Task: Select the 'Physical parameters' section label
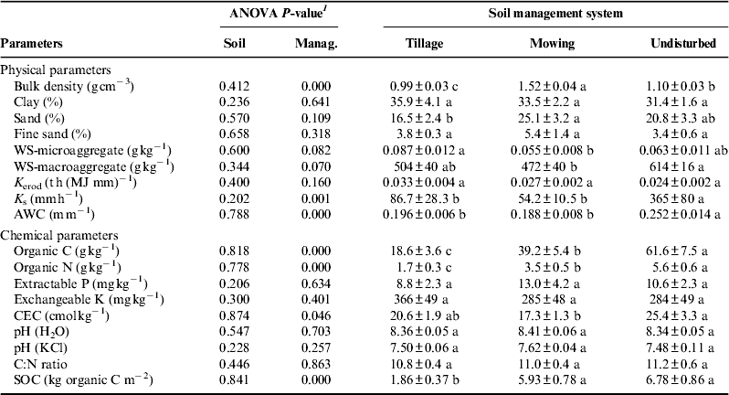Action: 56,70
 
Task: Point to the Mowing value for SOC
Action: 555,381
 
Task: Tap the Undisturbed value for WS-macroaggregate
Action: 677,167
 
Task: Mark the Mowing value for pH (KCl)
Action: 555,348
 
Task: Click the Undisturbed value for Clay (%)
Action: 677,102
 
